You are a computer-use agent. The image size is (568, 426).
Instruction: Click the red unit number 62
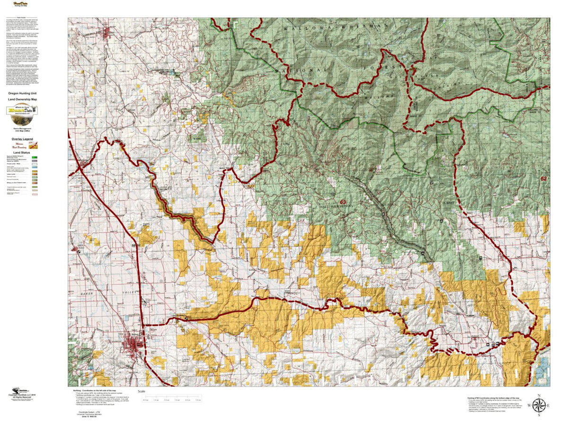tap(543, 179)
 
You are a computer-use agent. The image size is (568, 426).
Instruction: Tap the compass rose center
tap(538, 405)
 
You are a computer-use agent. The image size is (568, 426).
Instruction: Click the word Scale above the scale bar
tap(142, 391)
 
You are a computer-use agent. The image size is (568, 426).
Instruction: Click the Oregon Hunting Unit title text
tap(22, 93)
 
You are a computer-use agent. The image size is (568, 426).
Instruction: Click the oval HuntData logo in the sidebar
tap(22, 110)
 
